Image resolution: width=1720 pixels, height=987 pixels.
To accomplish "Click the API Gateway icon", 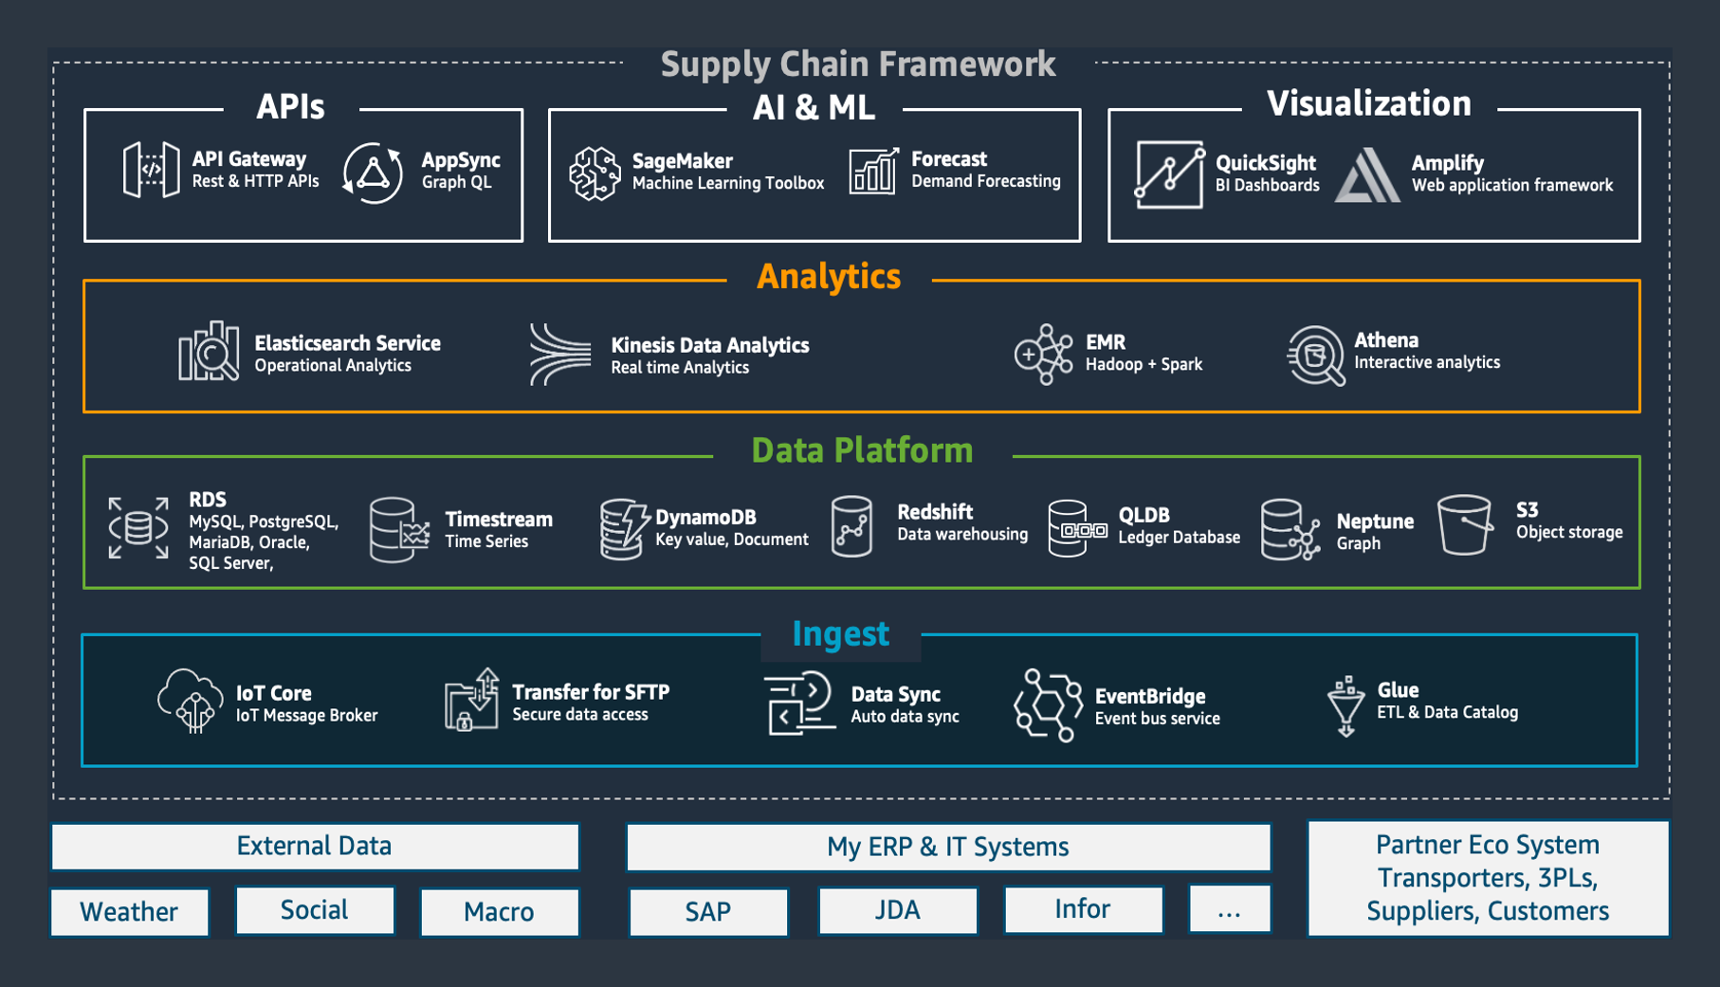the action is (151, 170).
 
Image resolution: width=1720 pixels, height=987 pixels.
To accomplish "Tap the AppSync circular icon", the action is (372, 174).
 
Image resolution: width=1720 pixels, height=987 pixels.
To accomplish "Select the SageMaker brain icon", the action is (595, 174).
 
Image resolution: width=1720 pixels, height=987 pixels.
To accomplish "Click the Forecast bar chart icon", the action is (873, 172).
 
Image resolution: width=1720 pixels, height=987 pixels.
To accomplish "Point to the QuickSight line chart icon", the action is (1169, 174).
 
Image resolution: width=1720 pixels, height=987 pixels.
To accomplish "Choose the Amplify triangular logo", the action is (1367, 174).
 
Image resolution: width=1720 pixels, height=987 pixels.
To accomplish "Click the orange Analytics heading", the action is (829, 277).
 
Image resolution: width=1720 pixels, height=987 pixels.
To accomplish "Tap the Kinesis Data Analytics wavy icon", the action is (559, 355).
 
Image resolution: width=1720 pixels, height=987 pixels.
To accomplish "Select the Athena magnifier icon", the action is (1315, 356).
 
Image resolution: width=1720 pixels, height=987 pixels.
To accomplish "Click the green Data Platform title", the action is (862, 450).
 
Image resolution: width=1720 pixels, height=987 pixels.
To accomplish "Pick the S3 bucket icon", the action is (1465, 524).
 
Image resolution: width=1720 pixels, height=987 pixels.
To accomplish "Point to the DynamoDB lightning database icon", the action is (623, 528).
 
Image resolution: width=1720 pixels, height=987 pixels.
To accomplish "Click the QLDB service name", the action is (1144, 515).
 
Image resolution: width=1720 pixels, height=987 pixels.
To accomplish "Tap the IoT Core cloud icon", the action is (190, 701).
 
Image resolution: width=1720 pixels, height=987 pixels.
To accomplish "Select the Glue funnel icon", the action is (1345, 706).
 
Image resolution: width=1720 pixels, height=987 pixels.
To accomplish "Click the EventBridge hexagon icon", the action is (1048, 705).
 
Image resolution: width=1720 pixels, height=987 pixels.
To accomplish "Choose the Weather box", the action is (130, 912).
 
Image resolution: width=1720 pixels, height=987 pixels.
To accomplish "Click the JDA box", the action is (898, 910).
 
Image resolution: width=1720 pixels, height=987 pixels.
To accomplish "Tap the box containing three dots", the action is (1230, 910).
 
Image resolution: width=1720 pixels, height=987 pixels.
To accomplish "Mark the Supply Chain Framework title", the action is (858, 64).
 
